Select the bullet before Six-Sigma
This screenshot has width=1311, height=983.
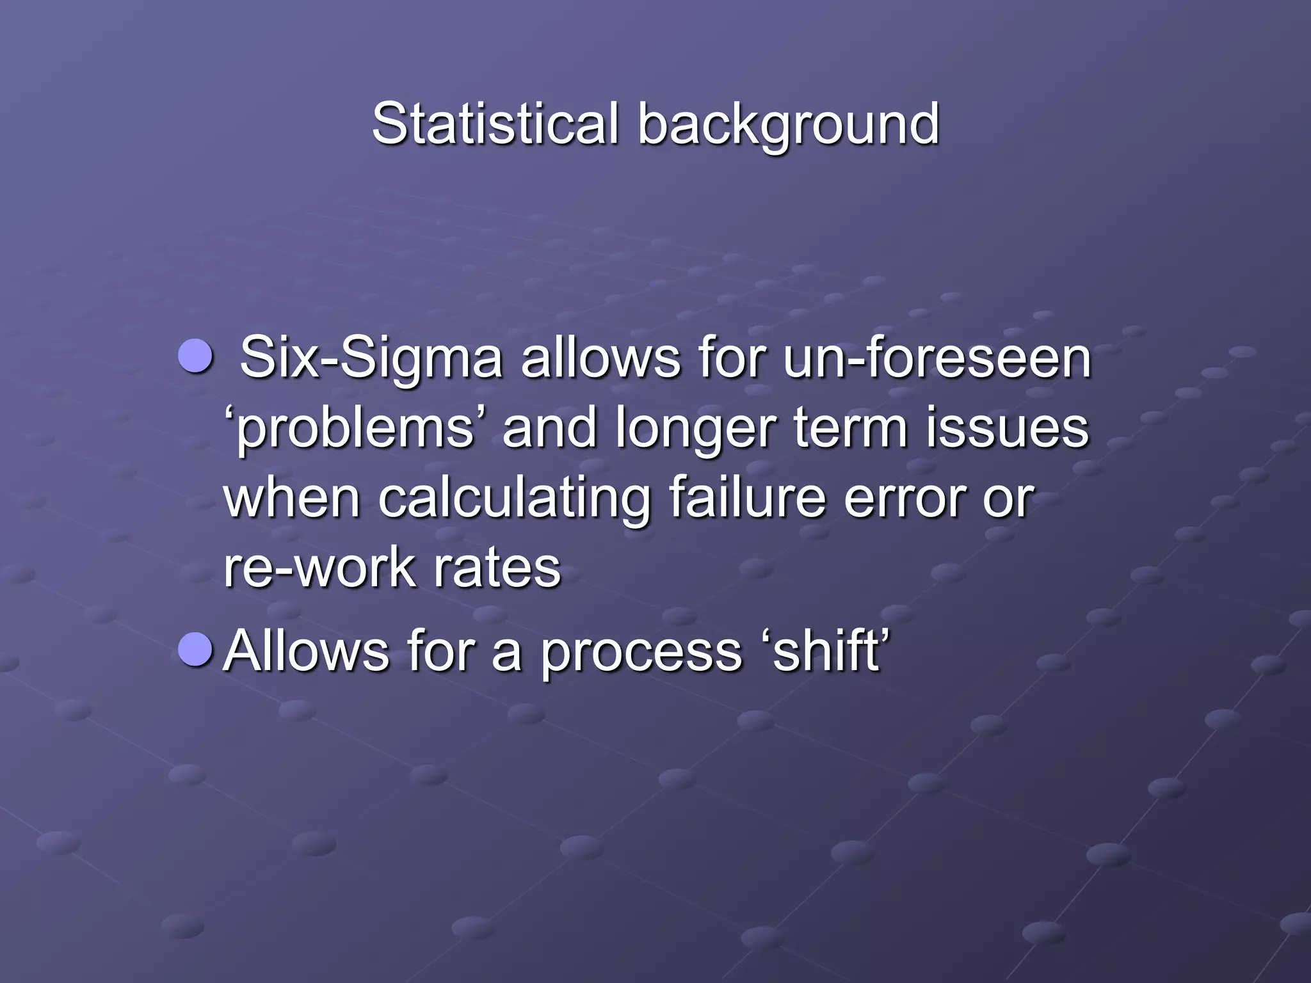pyautogui.click(x=195, y=356)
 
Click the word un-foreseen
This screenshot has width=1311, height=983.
pyautogui.click(x=937, y=358)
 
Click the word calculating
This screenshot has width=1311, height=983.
pyautogui.click(x=514, y=500)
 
